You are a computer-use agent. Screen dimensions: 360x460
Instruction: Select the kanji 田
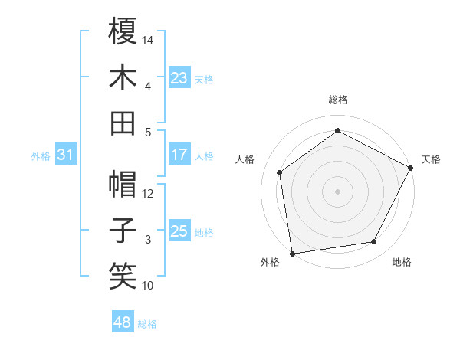(123, 123)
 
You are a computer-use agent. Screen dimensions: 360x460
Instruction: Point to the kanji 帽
(123, 185)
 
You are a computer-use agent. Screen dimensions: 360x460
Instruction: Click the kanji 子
(123, 231)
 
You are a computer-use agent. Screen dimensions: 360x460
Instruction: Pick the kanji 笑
(123, 277)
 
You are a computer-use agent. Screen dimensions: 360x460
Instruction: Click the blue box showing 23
(179, 77)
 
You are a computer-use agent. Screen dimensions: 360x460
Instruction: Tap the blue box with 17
(179, 155)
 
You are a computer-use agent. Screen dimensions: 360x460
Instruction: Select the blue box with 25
(179, 231)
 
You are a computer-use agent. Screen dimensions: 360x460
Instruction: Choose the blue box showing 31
(66, 155)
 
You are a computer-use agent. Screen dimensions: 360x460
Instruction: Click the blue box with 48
(123, 322)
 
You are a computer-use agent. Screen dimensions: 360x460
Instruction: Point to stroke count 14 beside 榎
(148, 39)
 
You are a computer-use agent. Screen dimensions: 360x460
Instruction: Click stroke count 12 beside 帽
(148, 193)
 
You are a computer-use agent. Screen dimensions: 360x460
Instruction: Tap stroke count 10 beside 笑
(148, 286)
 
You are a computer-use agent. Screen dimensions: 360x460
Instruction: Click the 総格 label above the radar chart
(337, 100)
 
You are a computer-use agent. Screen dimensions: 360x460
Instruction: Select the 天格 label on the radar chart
(432, 159)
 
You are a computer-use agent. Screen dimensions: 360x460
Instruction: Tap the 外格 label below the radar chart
(270, 262)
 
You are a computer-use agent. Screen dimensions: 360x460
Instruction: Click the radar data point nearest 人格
(280, 172)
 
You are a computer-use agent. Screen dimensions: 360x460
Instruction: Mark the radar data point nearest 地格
(374, 242)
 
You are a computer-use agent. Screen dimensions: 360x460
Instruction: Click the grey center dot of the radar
(337, 191)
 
